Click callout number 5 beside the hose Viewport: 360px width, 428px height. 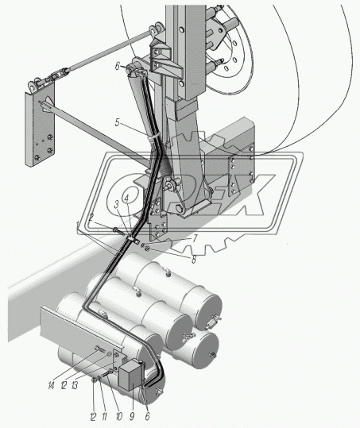117,122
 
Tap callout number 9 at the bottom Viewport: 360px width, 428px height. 132,416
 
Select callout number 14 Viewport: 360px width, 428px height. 51,385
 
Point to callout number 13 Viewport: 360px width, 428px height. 74,385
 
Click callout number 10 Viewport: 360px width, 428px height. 119,417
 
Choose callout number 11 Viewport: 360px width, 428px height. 105,417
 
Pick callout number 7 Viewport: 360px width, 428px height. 194,239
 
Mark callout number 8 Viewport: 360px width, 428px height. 193,260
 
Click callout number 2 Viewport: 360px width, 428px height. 91,218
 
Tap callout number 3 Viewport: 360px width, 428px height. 117,205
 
